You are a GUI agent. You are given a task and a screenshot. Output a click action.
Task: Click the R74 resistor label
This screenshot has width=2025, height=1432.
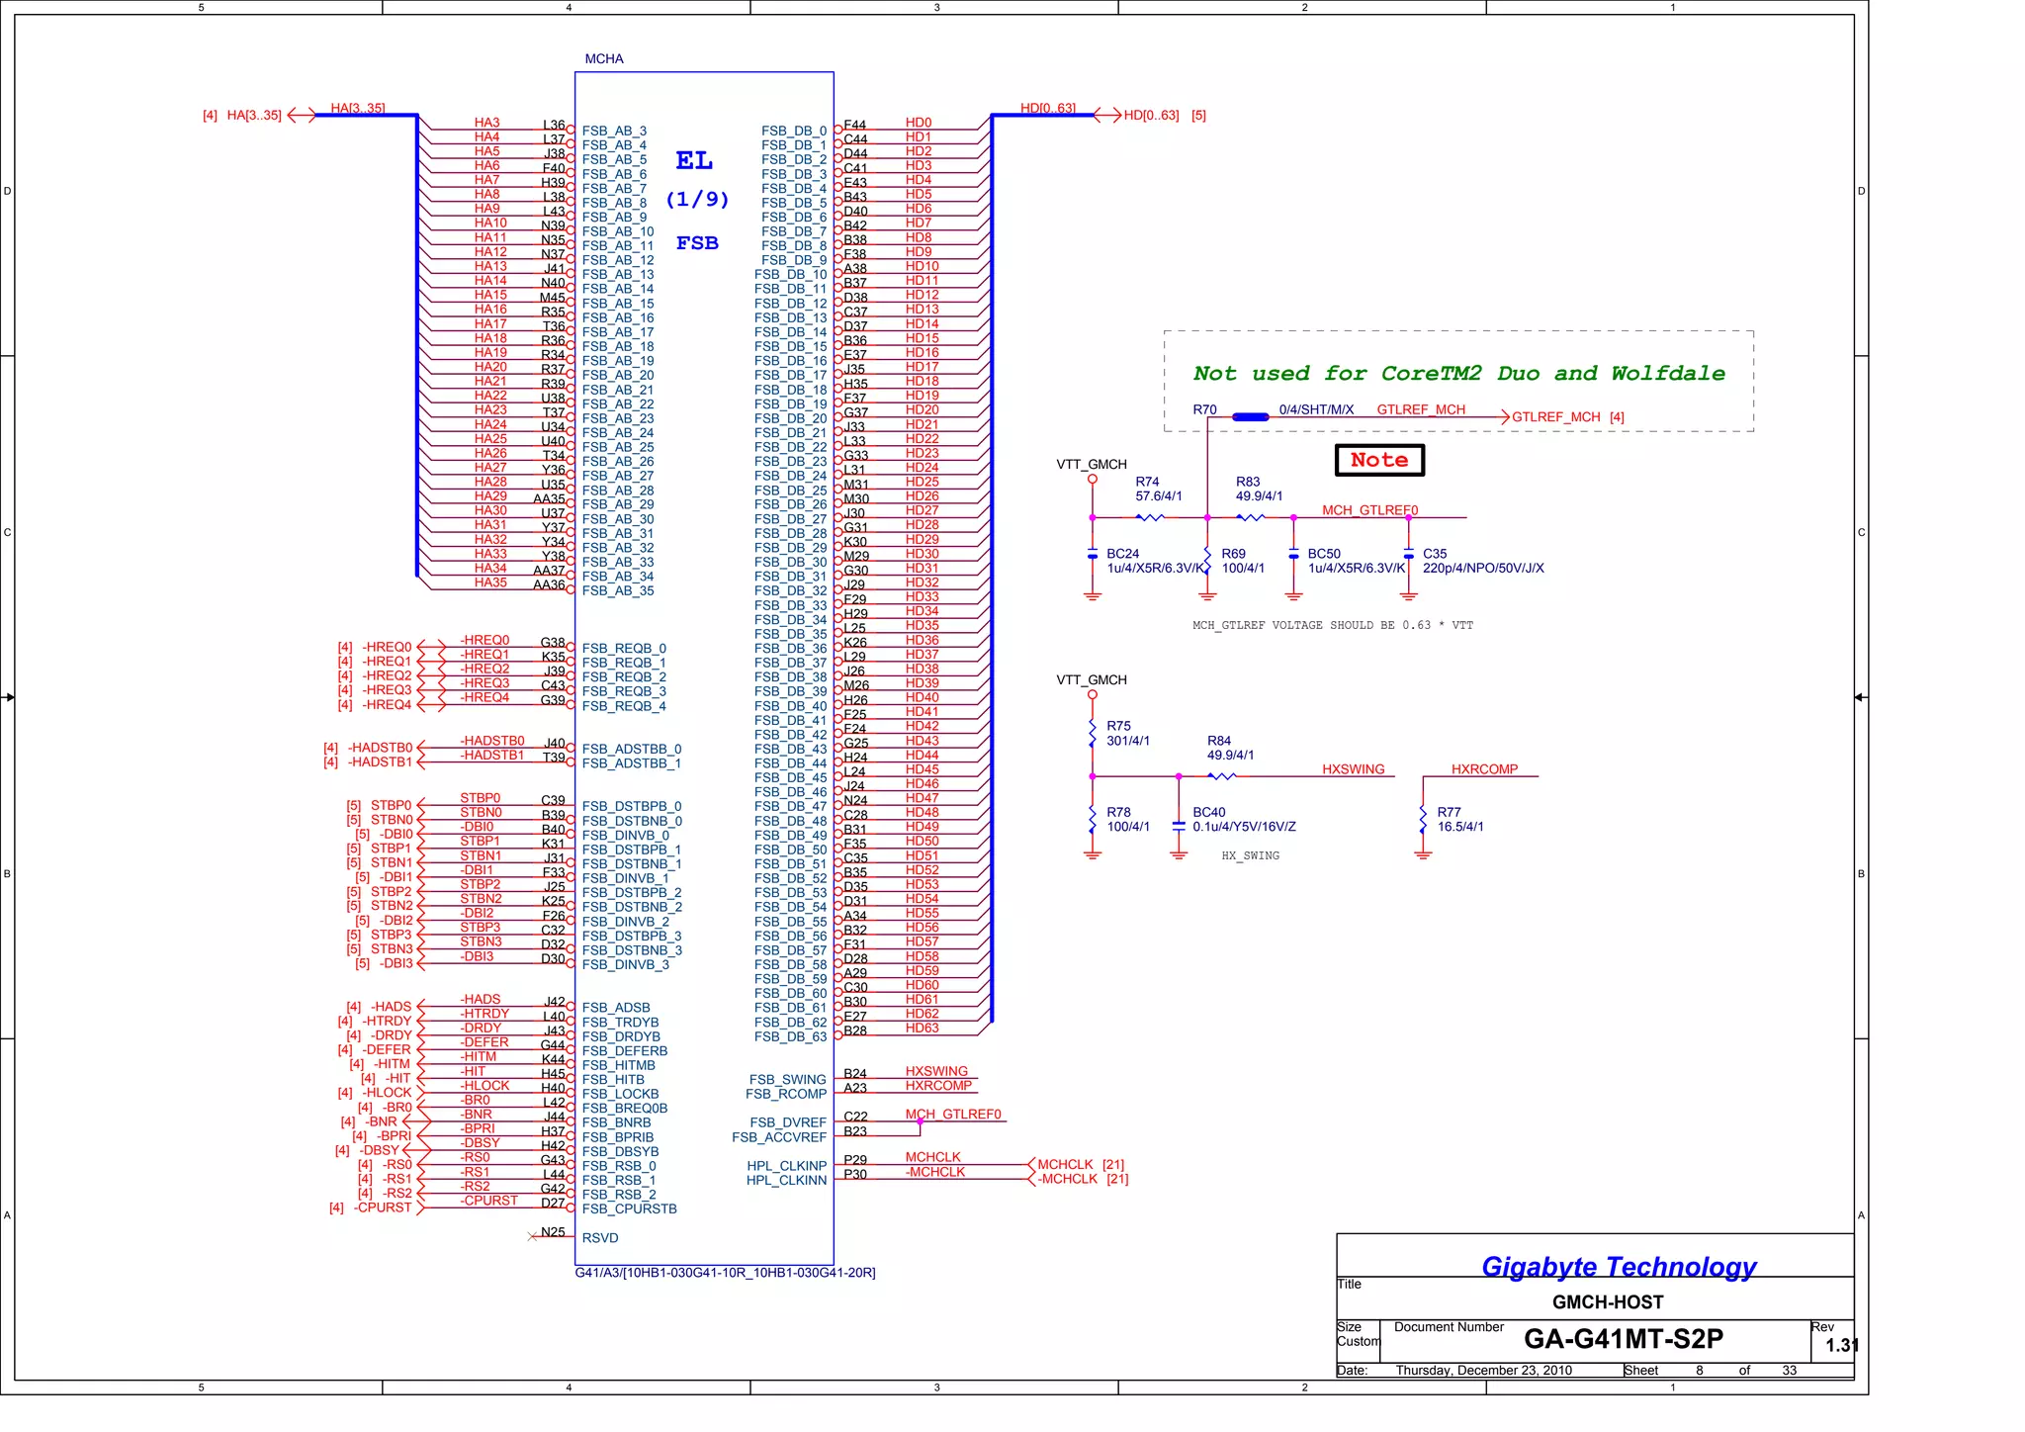click(1147, 482)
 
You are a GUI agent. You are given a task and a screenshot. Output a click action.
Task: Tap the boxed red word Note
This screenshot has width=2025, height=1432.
click(1379, 460)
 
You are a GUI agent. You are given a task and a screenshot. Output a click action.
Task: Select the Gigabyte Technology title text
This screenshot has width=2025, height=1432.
click(1619, 1267)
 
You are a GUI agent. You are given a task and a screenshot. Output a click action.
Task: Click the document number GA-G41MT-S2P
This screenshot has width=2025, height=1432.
click(1623, 1339)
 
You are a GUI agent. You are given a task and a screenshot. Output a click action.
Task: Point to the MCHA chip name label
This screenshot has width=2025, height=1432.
click(603, 59)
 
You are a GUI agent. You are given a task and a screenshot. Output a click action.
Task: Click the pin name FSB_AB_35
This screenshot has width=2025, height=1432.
click(618, 591)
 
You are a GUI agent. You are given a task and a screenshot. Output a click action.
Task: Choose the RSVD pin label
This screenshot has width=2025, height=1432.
click(600, 1238)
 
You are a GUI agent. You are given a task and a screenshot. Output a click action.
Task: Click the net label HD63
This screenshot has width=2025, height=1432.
click(922, 1029)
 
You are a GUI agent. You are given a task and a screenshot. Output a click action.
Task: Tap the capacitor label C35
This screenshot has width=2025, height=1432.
click(1434, 554)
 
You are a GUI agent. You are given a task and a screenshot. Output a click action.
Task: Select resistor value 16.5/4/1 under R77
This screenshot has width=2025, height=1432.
click(1459, 827)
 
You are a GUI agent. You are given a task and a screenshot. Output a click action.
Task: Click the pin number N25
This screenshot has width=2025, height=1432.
click(553, 1232)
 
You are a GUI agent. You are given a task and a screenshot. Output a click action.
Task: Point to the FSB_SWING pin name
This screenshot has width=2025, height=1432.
click(787, 1080)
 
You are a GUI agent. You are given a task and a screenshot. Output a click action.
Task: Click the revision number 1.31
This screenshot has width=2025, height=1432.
click(1841, 1346)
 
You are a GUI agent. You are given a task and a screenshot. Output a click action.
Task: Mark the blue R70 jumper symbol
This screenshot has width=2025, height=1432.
click(1251, 417)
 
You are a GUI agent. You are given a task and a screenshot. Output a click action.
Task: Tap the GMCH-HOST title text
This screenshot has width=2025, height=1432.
click(1607, 1302)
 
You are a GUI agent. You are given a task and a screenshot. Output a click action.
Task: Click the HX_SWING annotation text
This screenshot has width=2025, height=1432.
click(1250, 856)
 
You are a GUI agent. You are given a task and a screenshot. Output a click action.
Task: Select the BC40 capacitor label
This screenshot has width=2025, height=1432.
click(1208, 812)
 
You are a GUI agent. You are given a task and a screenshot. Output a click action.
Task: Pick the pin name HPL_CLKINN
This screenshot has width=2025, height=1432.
click(786, 1181)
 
